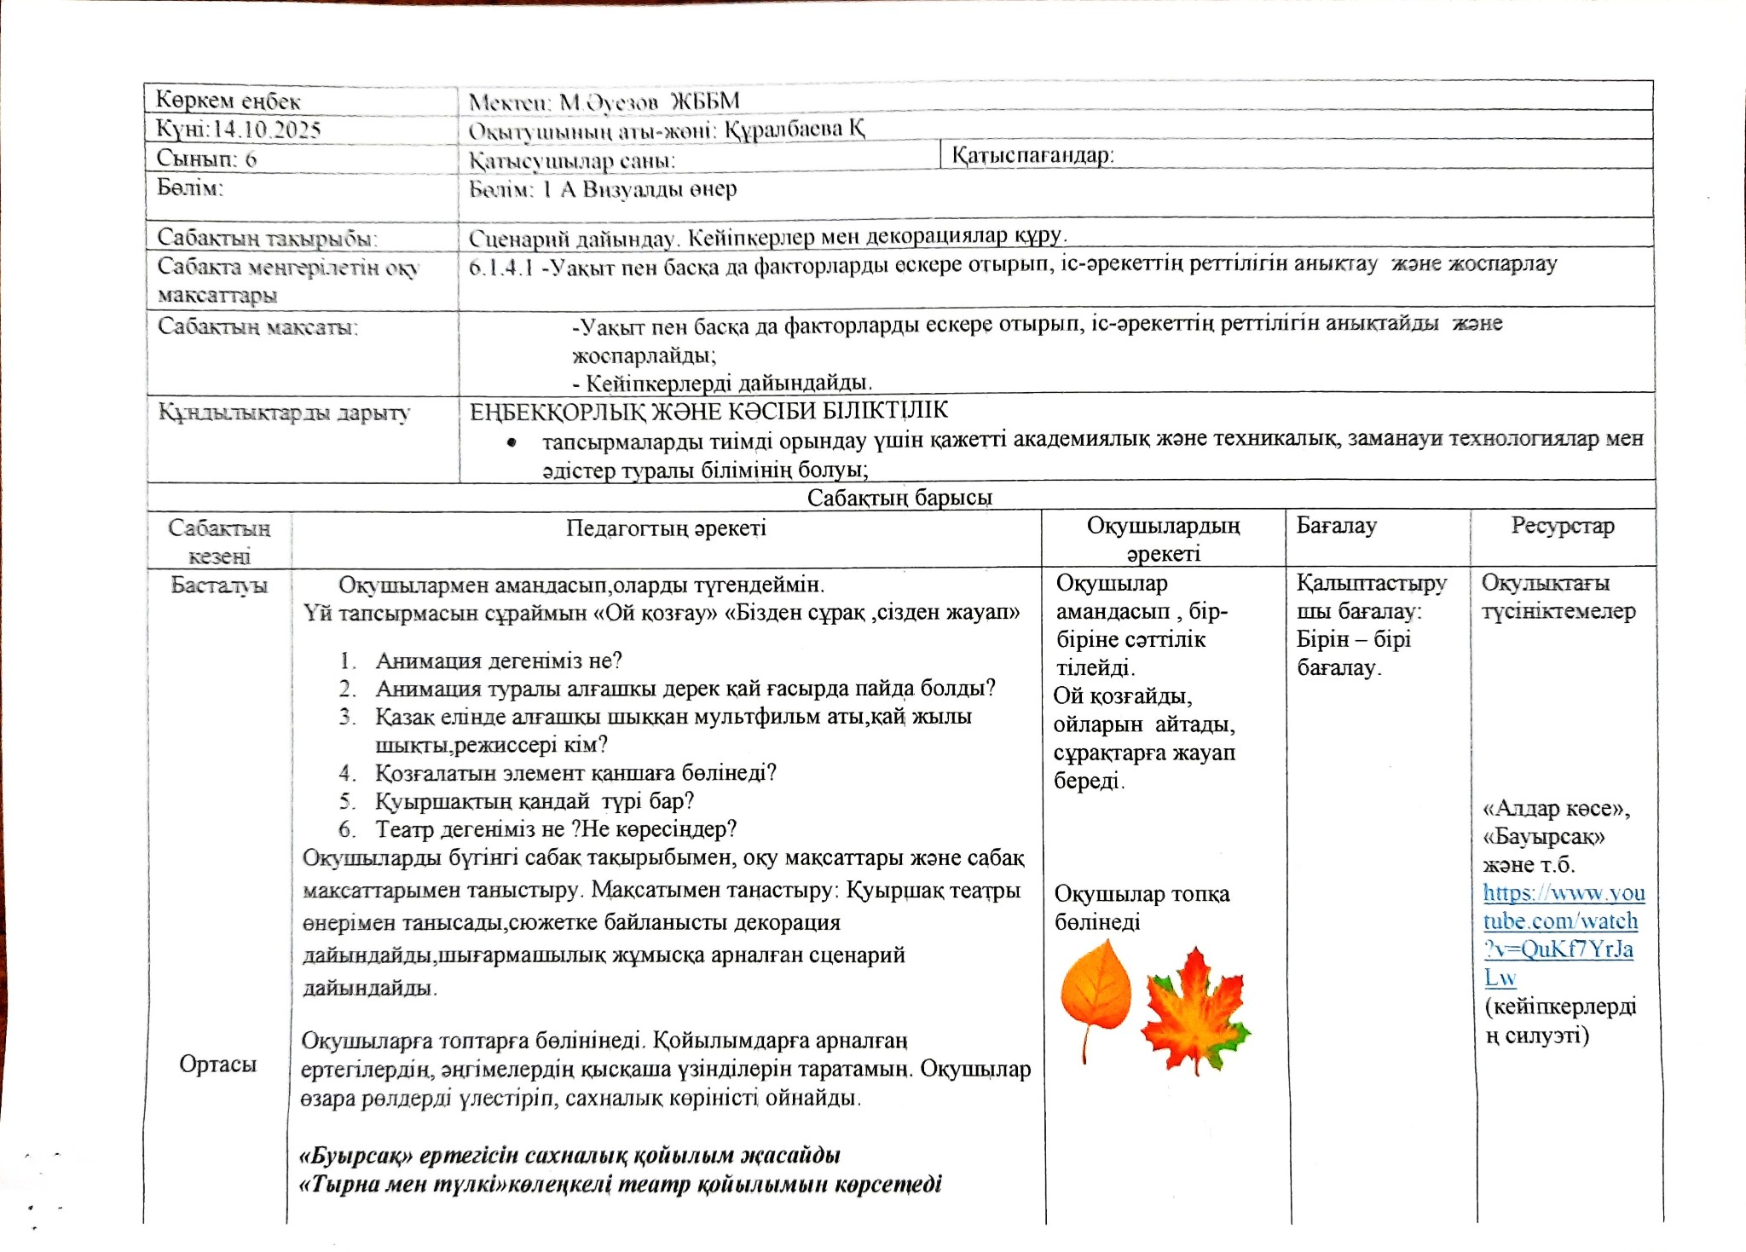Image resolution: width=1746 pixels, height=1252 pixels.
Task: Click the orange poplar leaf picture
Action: click(1096, 993)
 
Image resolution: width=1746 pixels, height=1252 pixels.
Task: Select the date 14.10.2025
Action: click(266, 130)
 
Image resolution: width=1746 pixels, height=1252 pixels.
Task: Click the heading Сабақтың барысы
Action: click(899, 497)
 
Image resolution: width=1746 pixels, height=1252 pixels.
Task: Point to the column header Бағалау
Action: click(1336, 526)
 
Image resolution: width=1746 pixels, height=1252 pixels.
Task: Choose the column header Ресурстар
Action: click(1562, 526)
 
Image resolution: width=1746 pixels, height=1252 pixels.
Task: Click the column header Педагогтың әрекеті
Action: click(666, 528)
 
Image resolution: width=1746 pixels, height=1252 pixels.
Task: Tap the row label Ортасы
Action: click(217, 1064)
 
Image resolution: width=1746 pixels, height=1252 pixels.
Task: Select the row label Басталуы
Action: click(219, 585)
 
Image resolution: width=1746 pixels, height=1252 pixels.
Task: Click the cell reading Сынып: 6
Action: click(206, 159)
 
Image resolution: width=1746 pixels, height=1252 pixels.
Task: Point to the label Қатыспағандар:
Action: click(1032, 155)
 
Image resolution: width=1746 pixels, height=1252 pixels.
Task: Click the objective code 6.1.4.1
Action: click(500, 268)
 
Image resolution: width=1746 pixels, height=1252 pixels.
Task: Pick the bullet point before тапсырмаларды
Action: click(512, 441)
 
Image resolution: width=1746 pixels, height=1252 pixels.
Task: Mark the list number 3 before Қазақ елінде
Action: click(346, 717)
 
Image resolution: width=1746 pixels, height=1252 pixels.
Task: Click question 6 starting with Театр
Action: click(555, 829)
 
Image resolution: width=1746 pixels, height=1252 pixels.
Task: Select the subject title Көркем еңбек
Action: click(228, 101)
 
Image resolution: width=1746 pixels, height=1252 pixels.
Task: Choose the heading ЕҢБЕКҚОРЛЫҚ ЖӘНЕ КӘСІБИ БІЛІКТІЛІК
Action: click(708, 411)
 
